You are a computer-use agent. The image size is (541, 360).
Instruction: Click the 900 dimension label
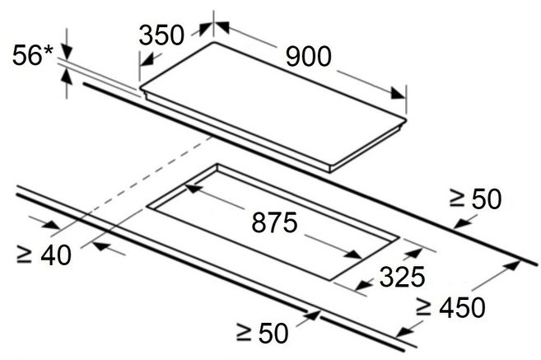(x=309, y=57)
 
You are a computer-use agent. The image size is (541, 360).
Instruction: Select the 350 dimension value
(x=161, y=35)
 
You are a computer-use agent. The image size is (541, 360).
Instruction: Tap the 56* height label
(x=33, y=55)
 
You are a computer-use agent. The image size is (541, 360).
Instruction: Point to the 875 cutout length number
(x=274, y=222)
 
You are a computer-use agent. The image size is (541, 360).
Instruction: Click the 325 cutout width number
(x=402, y=277)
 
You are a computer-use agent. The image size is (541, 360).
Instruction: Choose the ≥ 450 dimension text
(x=450, y=307)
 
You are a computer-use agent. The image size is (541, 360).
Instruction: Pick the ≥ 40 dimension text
(x=44, y=255)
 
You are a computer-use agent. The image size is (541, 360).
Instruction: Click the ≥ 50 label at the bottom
(x=262, y=333)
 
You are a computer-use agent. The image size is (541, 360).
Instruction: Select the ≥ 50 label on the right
(x=475, y=199)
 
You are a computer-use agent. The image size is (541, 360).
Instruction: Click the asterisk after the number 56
(x=49, y=50)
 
